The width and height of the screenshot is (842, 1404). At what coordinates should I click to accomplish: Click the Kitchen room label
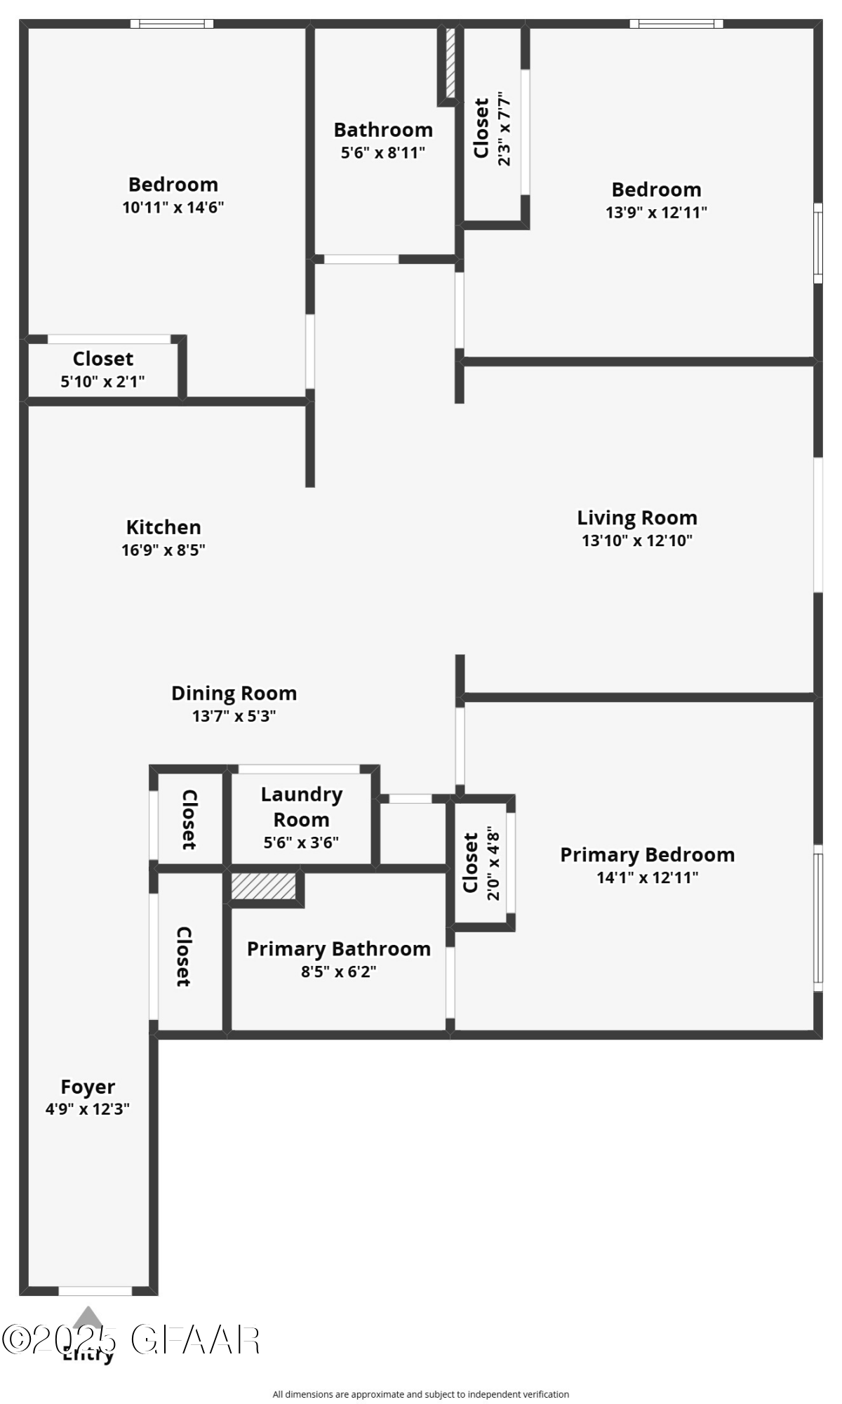[x=163, y=527]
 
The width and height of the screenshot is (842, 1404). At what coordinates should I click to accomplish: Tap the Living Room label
[x=637, y=518]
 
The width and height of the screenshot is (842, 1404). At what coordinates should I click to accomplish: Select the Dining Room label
[x=234, y=694]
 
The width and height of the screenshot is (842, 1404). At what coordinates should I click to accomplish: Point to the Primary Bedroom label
[x=647, y=855]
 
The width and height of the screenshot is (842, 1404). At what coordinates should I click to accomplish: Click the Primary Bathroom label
[x=338, y=949]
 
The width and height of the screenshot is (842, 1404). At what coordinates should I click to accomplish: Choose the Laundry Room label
[x=302, y=807]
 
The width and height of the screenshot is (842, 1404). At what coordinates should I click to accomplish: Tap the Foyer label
[x=88, y=1087]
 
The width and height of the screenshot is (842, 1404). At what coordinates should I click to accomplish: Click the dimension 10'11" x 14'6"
[x=173, y=208]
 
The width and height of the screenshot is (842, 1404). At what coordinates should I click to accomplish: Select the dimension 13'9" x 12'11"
[x=656, y=213]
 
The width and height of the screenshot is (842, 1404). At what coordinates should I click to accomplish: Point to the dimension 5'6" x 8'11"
[x=383, y=153]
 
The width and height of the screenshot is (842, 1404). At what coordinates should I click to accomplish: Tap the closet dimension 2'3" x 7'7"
[x=504, y=128]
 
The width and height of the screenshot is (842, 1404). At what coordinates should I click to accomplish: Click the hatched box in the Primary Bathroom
[x=263, y=886]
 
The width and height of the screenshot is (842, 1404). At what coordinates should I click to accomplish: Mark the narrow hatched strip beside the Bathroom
[x=450, y=62]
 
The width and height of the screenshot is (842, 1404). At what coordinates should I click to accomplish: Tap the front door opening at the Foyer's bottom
[x=95, y=1291]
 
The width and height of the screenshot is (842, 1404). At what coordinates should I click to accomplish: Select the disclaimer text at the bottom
[x=420, y=1394]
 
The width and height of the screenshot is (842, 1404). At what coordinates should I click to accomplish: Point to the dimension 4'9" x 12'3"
[x=88, y=1109]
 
